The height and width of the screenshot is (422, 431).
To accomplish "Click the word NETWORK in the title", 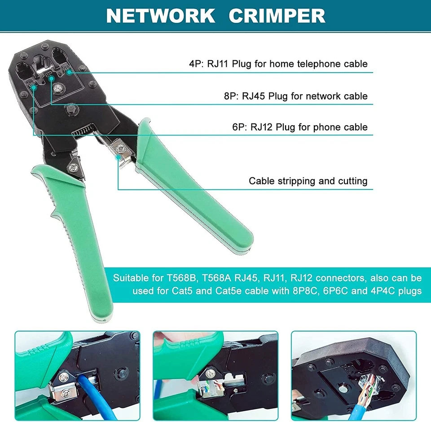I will pos(160,16).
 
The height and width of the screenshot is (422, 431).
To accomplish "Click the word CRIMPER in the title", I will pos(277,16).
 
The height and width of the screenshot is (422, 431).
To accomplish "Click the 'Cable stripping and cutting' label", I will pos(308,181).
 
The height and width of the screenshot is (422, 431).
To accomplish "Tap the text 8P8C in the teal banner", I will pos(305,291).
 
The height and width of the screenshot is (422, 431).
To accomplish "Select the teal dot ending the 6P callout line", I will pos(34,88).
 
